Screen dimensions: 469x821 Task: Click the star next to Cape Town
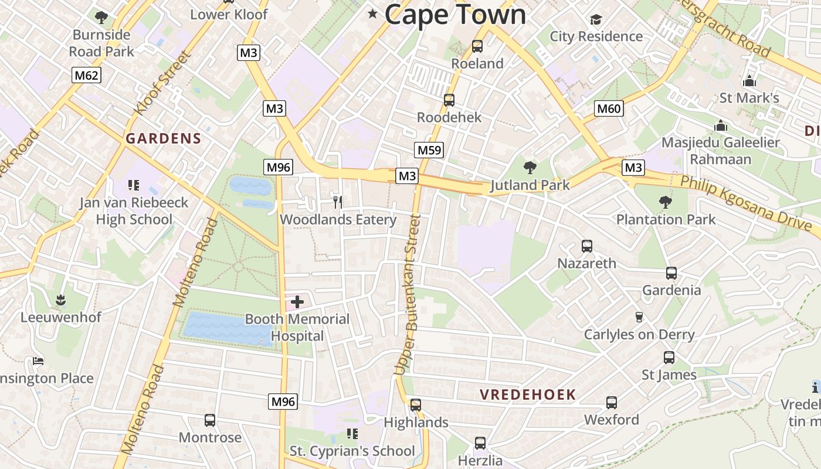[372, 13]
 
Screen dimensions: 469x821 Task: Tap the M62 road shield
[87, 75]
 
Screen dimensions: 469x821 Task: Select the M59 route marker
[429, 150]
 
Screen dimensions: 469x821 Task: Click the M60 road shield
[609, 108]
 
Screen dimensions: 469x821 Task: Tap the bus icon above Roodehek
[449, 100]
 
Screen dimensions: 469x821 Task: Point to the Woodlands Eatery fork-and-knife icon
[338, 202]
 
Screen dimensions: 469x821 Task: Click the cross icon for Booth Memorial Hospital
[297, 303]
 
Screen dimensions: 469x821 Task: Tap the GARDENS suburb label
[164, 139]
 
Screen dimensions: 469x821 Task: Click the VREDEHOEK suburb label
[528, 395]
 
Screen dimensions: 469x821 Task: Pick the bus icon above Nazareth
[587, 246]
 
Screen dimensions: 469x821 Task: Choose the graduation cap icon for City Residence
[596, 20]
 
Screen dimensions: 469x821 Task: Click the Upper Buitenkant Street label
[408, 295]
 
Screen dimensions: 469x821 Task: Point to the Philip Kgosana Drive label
[745, 205]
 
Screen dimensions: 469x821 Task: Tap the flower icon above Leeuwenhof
[60, 301]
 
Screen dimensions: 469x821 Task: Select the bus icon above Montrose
[210, 420]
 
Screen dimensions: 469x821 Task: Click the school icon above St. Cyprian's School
[352, 434]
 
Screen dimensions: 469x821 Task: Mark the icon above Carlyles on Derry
[639, 317]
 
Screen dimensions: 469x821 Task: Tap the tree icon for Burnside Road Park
[101, 18]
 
